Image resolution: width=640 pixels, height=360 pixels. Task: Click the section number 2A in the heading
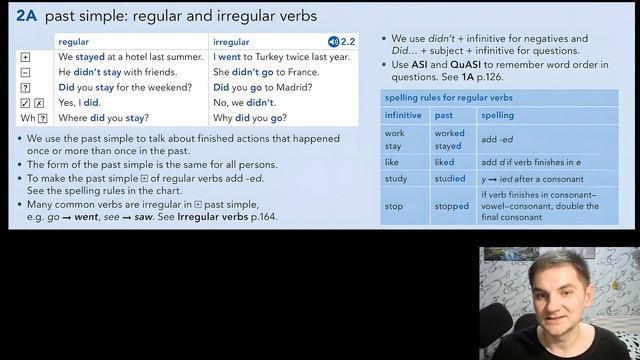pyautogui.click(x=25, y=15)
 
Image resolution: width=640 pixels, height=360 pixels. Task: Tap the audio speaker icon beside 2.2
pyautogui.click(x=333, y=42)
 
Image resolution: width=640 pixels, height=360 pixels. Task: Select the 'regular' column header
pyautogui.click(x=74, y=42)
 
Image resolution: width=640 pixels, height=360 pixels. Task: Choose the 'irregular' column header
pyautogui.click(x=232, y=42)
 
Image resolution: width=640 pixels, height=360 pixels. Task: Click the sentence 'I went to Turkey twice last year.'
pyautogui.click(x=282, y=57)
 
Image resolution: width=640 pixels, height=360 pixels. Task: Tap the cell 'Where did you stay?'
pyautogui.click(x=103, y=118)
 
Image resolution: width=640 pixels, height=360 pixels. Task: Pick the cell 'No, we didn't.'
pyautogui.click(x=246, y=102)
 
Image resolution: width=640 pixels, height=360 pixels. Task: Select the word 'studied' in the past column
pyautogui.click(x=450, y=179)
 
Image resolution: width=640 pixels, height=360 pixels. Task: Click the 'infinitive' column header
pyautogui.click(x=404, y=116)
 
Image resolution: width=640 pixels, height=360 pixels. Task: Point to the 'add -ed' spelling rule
pyautogui.click(x=497, y=139)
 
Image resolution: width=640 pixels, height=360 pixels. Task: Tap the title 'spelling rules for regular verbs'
pyautogui.click(x=447, y=98)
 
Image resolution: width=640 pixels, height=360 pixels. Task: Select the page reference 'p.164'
pyautogui.click(x=264, y=216)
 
